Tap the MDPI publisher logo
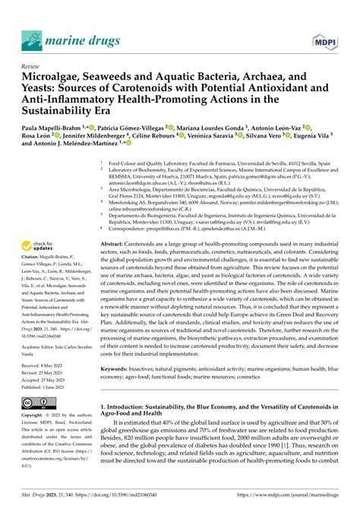pos(324,39)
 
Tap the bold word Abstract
pos(115,223)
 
